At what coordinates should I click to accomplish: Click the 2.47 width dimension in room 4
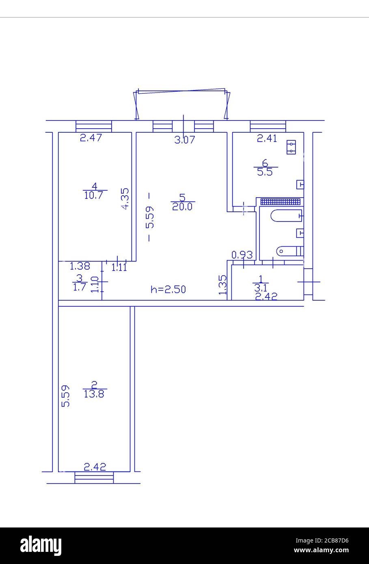click(x=91, y=138)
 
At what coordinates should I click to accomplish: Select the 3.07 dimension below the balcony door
click(x=185, y=140)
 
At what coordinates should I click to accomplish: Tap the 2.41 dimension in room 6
click(x=267, y=138)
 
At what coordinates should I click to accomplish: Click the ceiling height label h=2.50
click(x=168, y=289)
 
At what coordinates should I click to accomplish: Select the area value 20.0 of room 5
click(x=183, y=207)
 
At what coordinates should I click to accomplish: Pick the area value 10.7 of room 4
click(x=94, y=194)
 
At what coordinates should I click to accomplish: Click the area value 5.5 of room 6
click(x=265, y=172)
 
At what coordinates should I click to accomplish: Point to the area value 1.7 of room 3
click(x=79, y=287)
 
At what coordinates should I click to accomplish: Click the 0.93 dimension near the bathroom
click(x=242, y=255)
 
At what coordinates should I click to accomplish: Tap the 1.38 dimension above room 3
click(x=80, y=267)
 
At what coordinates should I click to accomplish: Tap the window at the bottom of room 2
click(x=94, y=478)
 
